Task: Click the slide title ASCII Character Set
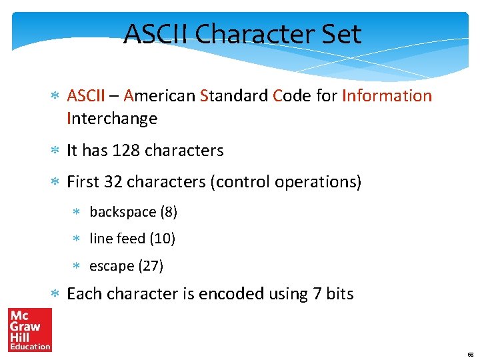(x=243, y=34)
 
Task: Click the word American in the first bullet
(x=159, y=96)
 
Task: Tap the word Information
(x=387, y=96)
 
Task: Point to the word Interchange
(x=112, y=119)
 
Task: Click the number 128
(x=126, y=151)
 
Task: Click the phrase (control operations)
(x=285, y=182)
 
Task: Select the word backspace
(x=123, y=212)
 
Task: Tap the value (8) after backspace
(x=169, y=212)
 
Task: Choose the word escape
(x=111, y=266)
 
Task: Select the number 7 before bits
(x=317, y=294)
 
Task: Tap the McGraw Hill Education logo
(x=29, y=329)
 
